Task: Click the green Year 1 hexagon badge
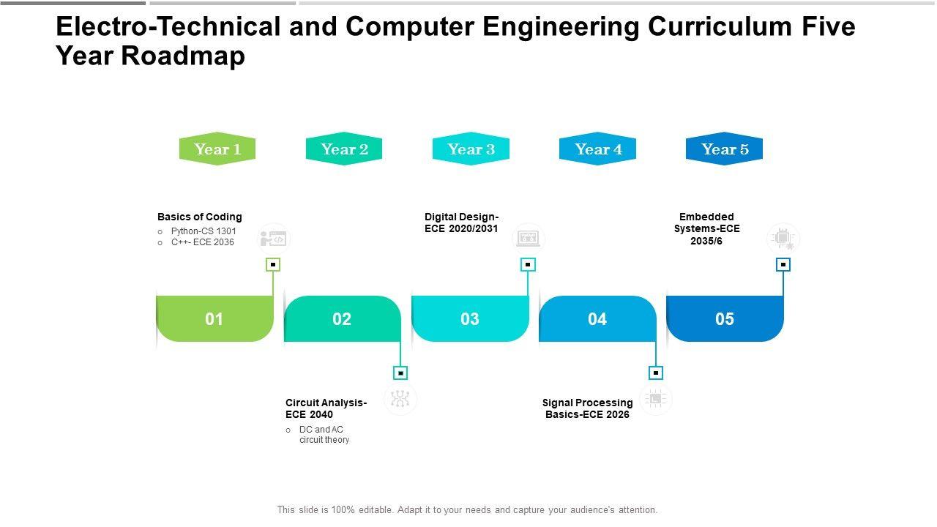click(x=217, y=149)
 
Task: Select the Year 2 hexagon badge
click(x=344, y=149)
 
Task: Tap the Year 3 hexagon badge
click(x=471, y=149)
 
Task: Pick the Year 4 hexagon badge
click(x=598, y=149)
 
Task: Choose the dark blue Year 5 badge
click(x=725, y=149)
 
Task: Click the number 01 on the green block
click(x=214, y=319)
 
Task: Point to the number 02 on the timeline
click(x=342, y=319)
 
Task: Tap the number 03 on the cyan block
click(x=470, y=319)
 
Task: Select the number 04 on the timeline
click(x=597, y=319)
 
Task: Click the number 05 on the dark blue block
click(x=725, y=319)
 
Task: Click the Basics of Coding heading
click(x=199, y=217)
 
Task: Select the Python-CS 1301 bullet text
click(x=204, y=231)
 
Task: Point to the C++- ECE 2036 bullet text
click(x=203, y=242)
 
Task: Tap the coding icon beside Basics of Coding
click(x=274, y=239)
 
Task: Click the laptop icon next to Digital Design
click(x=528, y=239)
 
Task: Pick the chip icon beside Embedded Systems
click(x=783, y=239)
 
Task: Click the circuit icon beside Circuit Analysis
click(x=400, y=399)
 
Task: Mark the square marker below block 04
click(x=656, y=373)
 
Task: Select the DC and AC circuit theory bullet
click(x=324, y=435)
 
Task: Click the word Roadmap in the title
click(x=194, y=56)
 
